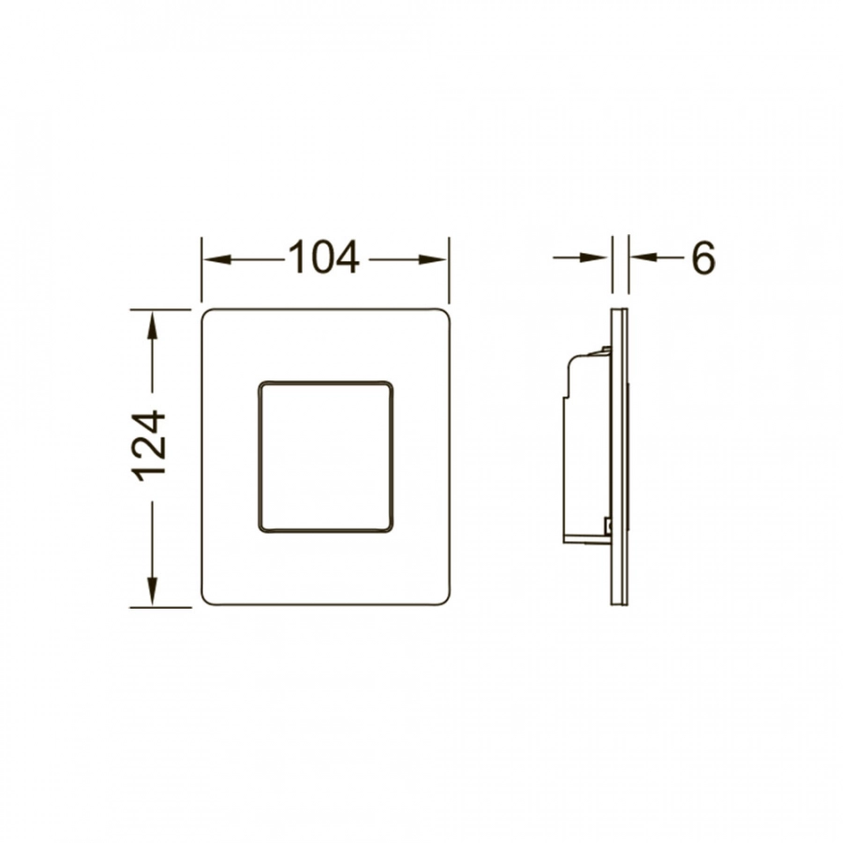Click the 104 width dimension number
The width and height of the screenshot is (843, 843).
324,258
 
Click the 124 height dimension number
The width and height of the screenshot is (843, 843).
148,445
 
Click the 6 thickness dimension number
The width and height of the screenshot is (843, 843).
703,258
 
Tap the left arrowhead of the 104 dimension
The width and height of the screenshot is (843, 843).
217,259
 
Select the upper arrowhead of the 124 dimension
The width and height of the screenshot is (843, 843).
153,325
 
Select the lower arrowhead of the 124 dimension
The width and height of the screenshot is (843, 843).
153,592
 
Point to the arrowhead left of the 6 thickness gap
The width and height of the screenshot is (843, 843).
594,258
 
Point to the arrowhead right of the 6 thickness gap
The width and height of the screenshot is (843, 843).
644,258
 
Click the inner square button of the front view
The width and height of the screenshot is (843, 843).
325,457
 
